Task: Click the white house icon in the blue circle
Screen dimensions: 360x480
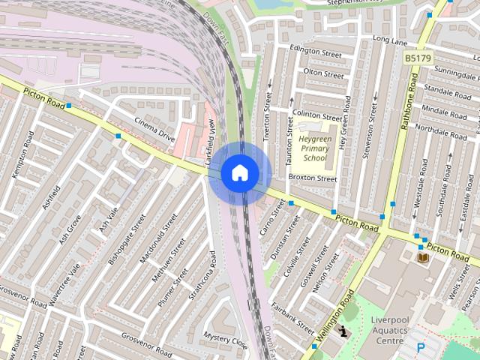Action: tap(239, 173)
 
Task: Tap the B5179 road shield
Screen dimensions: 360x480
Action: tap(418, 57)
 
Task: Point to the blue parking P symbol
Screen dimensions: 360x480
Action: tap(421, 348)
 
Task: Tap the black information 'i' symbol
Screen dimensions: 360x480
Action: tap(343, 330)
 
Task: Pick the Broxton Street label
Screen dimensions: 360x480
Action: tap(313, 178)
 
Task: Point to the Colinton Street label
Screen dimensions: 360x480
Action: tap(316, 115)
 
